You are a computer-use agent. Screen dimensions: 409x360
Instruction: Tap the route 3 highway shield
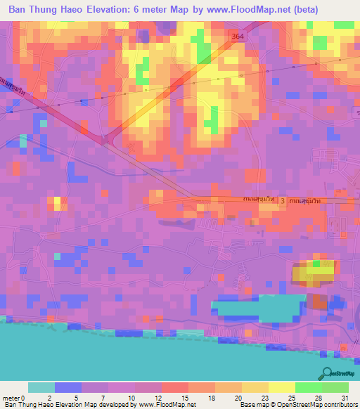(283, 202)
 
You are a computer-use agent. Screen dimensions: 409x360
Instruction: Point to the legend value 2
(49, 397)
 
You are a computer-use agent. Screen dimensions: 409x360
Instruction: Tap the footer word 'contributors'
(341, 405)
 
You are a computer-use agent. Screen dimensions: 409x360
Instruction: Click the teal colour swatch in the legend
(41, 387)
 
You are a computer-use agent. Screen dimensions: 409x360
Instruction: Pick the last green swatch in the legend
(335, 387)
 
